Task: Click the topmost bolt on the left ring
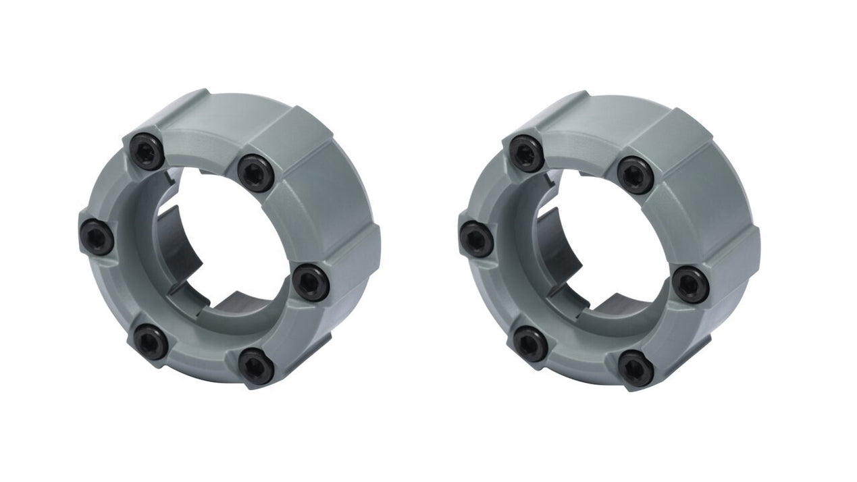pos(147,151)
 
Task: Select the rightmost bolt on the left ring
pos(311,282)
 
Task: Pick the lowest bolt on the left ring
pos(257,366)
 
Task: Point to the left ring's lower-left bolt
pos(151,342)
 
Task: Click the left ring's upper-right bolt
pos(255,173)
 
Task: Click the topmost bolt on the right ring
pos(527,153)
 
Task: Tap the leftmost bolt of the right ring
pos(477,238)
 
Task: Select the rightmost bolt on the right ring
pos(691,284)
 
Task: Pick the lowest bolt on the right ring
pos(636,368)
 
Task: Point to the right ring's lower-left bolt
pos(531,343)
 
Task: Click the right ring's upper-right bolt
pos(635,174)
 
